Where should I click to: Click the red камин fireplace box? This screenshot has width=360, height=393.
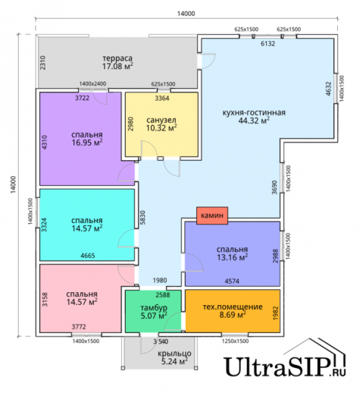(x=212, y=215)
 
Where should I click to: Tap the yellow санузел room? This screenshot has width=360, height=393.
(x=161, y=124)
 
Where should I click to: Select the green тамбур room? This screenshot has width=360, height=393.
(x=153, y=311)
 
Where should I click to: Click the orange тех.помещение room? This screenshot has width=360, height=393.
(x=233, y=311)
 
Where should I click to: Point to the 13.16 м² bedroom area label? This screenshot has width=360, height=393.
(x=233, y=257)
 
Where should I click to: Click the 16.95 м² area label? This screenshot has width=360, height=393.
(x=87, y=143)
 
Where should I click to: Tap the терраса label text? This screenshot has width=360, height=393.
(x=117, y=58)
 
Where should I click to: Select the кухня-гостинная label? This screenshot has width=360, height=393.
(x=254, y=112)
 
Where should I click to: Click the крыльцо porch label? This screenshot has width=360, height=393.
(x=174, y=354)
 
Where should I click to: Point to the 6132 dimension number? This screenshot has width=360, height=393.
(x=268, y=43)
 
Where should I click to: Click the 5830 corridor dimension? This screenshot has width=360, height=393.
(x=142, y=218)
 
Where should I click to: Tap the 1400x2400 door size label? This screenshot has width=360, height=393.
(x=92, y=83)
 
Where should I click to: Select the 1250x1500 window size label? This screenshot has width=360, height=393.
(x=235, y=341)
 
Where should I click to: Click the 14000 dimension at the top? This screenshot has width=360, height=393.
(x=186, y=14)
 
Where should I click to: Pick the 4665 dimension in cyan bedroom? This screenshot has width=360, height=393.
(x=88, y=256)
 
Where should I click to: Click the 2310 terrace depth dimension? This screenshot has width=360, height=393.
(x=42, y=63)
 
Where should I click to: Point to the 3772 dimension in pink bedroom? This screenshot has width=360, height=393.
(x=79, y=327)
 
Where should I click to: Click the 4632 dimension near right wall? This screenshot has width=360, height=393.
(x=328, y=89)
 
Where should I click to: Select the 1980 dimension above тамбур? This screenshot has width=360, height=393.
(x=160, y=280)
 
